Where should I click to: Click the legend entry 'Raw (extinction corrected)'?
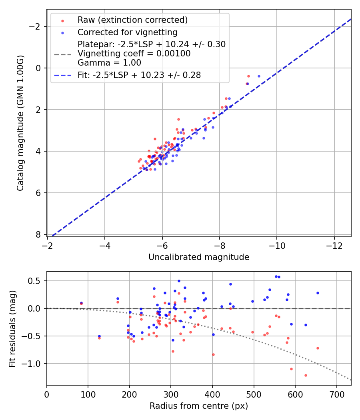click(x=132, y=20)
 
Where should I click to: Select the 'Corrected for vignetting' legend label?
click(x=128, y=32)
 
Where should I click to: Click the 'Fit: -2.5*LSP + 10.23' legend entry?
click(x=139, y=75)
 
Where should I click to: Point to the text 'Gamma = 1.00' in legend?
click(x=109, y=63)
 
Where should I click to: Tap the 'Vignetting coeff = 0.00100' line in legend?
click(x=134, y=54)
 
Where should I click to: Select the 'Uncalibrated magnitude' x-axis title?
click(x=199, y=257)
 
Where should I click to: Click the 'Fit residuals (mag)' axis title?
click(x=12, y=328)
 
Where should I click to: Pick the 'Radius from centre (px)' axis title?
click(x=199, y=406)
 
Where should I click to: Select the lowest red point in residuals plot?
click(x=306, y=375)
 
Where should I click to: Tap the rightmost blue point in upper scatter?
click(x=259, y=76)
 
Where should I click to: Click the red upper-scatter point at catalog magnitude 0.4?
click(x=248, y=76)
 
